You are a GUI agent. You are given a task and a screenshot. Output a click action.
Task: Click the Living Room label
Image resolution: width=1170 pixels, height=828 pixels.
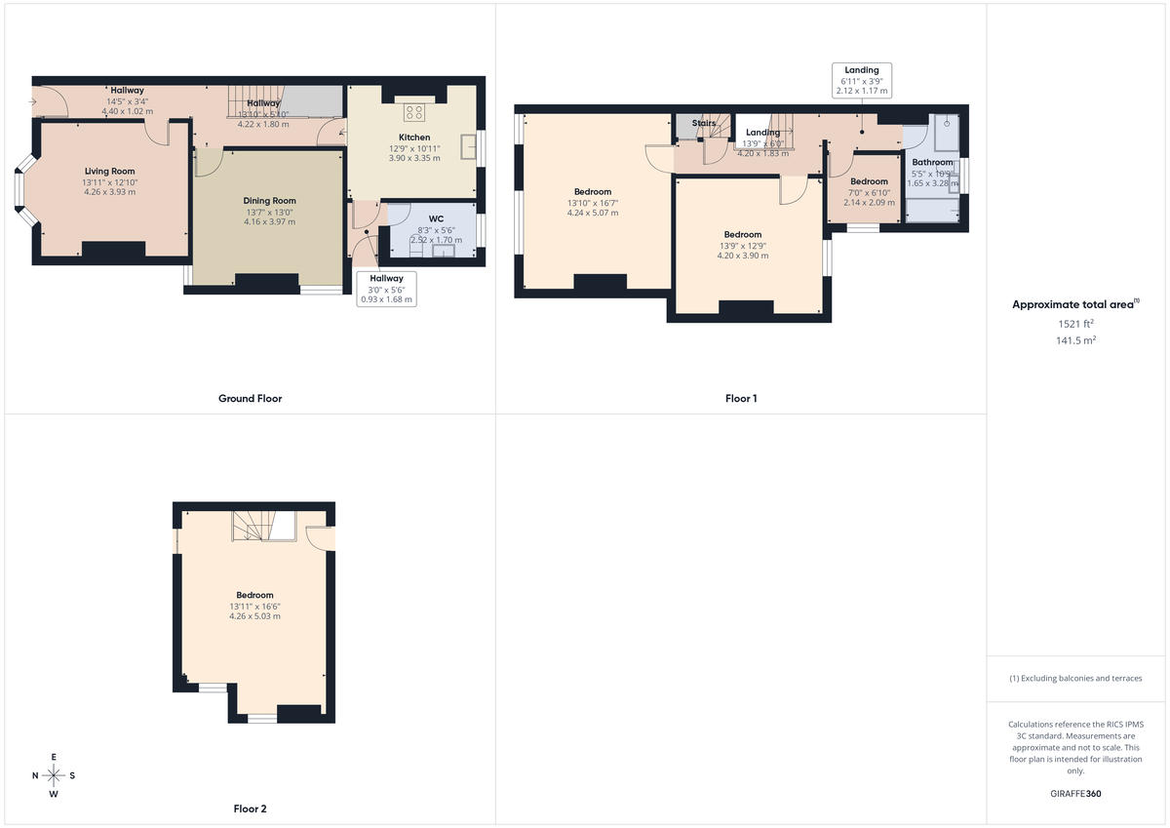(x=109, y=171)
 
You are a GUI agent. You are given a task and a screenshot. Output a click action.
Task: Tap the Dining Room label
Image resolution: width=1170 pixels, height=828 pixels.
(x=269, y=201)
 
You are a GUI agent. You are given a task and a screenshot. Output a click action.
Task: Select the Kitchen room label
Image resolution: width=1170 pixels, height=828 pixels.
(x=414, y=138)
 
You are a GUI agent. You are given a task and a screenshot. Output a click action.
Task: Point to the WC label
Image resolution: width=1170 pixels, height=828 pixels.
(x=436, y=218)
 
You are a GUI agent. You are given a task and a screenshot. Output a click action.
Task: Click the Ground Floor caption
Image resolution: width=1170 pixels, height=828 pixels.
(x=250, y=398)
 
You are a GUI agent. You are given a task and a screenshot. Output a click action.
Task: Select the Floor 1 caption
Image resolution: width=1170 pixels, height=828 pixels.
(x=740, y=398)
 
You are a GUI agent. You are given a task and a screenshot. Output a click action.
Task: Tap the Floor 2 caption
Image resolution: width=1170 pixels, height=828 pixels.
(x=250, y=808)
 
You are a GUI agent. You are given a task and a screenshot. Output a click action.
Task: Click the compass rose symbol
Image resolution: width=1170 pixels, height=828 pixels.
(x=54, y=775)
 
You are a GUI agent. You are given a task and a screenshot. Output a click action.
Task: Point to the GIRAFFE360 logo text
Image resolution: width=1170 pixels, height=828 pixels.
(x=1077, y=794)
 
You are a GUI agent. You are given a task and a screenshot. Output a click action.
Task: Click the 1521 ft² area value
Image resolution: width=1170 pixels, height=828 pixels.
(x=1077, y=323)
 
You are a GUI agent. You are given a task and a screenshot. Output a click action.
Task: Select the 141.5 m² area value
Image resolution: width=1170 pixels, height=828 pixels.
(x=1077, y=340)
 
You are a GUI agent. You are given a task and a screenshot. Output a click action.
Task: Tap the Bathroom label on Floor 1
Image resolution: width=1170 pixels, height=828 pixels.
(x=932, y=163)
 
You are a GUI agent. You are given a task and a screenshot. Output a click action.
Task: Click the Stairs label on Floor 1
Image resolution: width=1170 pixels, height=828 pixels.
(x=704, y=124)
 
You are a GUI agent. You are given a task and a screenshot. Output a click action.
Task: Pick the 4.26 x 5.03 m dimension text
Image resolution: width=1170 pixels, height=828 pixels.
(x=254, y=616)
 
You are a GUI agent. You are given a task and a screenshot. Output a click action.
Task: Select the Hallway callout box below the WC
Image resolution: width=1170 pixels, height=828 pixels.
(x=387, y=289)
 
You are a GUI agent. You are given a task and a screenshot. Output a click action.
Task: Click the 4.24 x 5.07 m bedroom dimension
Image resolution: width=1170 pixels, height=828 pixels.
(x=592, y=213)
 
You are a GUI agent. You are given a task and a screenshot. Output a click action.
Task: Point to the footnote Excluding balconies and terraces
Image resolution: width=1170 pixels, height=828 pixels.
(x=1077, y=678)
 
